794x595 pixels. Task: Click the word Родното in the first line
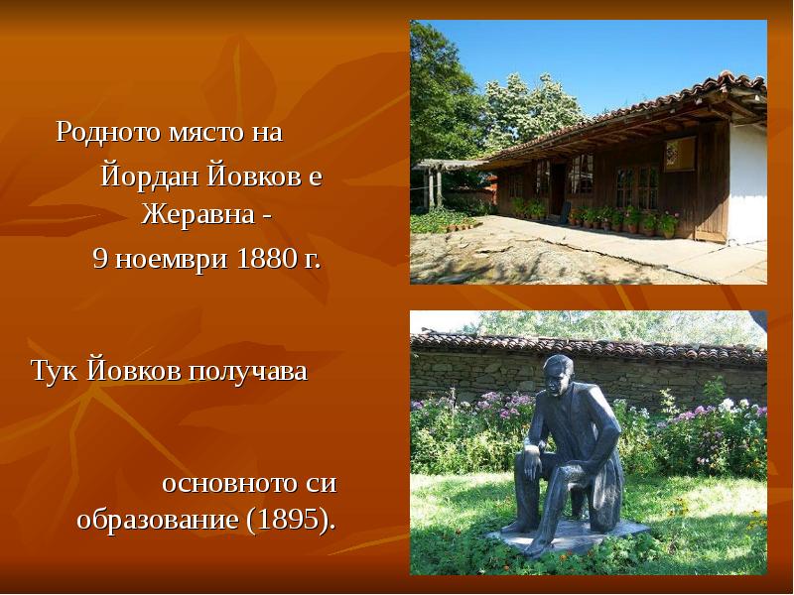click(x=100, y=132)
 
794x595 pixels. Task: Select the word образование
click(x=164, y=521)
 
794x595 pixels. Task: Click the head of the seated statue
click(x=558, y=372)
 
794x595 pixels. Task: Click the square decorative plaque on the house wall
click(x=680, y=154)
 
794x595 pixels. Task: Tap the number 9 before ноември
click(x=100, y=259)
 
